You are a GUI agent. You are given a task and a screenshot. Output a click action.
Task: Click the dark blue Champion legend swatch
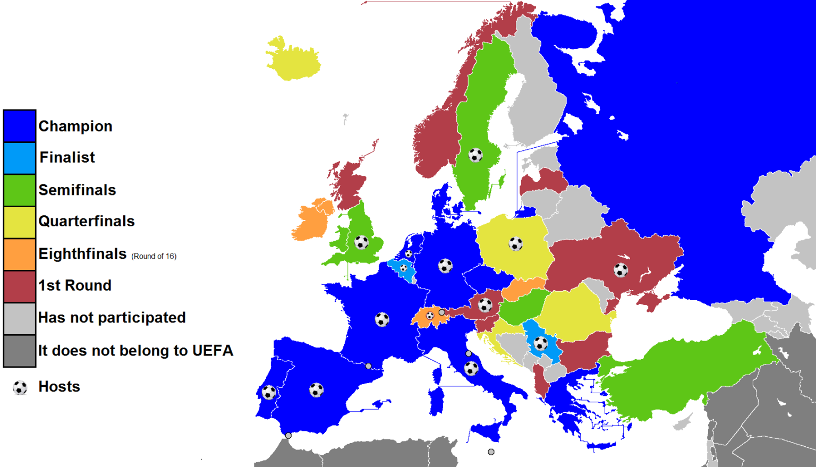coord(20,126)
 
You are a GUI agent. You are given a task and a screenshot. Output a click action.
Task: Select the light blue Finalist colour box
coord(20,158)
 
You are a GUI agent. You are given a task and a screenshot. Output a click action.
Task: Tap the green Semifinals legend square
coord(20,190)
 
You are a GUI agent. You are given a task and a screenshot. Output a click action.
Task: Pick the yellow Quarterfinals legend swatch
coord(20,222)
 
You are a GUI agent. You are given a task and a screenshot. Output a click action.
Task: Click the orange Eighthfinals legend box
coord(20,254)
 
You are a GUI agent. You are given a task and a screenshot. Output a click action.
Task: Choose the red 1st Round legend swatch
coord(20,286)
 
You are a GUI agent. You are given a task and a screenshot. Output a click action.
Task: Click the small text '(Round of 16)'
coord(154,256)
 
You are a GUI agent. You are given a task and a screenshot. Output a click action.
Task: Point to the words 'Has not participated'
coord(112,318)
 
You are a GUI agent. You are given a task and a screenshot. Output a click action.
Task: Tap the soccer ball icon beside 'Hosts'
coord(20,388)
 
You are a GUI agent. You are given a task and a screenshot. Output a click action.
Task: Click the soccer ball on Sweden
coord(475,155)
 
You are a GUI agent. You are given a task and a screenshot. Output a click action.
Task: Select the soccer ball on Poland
coord(515,244)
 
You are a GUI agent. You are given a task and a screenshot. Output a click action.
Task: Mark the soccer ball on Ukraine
coord(620,270)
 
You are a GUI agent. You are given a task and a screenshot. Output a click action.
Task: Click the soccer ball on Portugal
coord(269,393)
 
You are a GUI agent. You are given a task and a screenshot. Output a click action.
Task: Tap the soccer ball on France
coord(382,319)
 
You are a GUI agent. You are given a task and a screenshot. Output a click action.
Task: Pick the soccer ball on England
coord(361,242)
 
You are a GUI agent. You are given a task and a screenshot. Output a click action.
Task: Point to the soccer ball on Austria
coord(485,305)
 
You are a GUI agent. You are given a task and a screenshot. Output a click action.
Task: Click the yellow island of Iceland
coord(292,60)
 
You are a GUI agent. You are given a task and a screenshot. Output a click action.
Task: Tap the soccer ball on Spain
coord(316,390)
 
